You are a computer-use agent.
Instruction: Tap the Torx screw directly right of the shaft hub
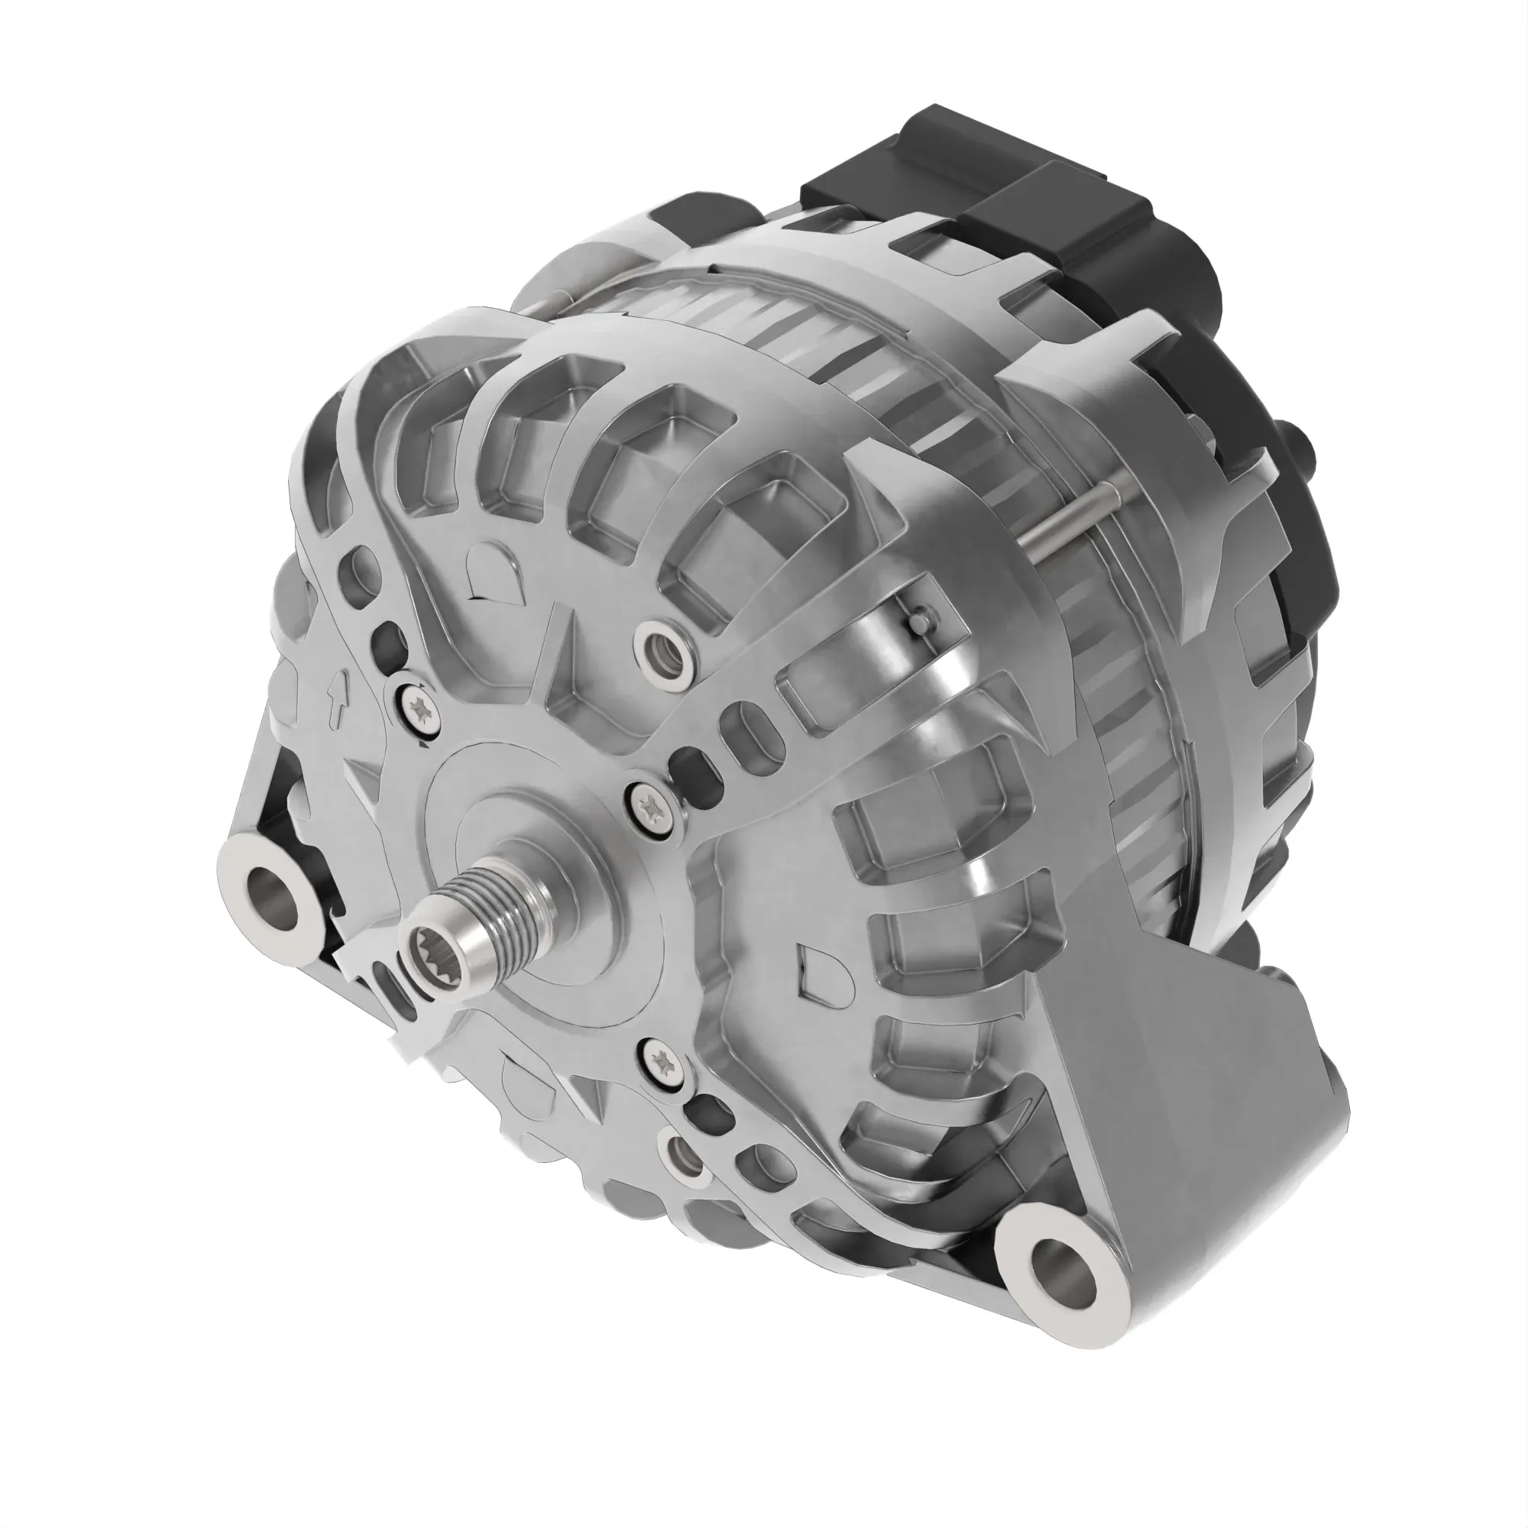tap(656, 806)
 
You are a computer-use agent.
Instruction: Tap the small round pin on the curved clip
tap(918, 622)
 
